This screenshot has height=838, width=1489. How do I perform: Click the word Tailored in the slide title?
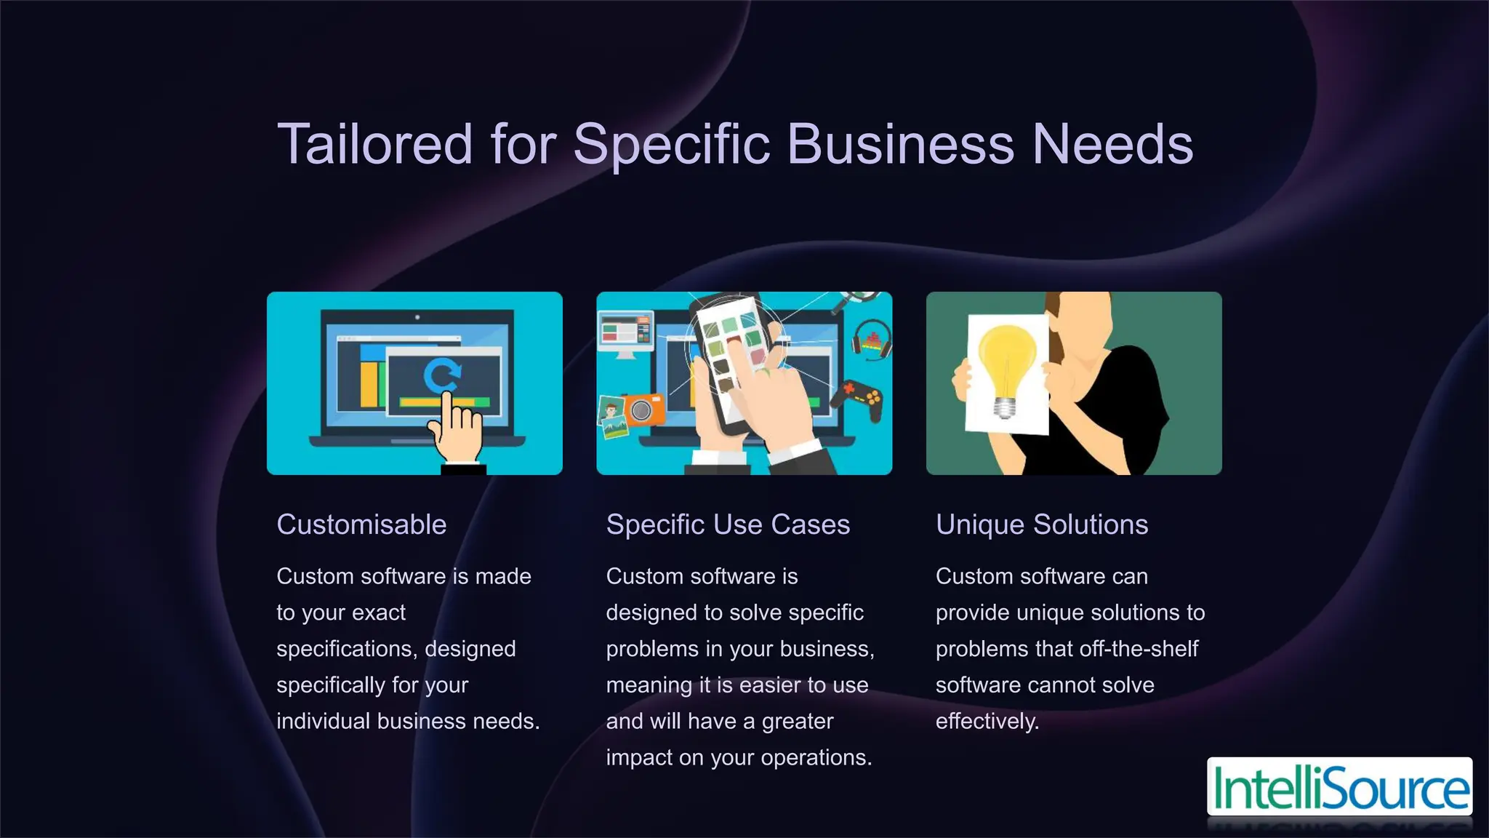[375, 144]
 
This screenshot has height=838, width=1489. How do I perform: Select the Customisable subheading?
[361, 524]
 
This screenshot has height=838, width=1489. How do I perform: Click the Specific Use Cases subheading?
[728, 524]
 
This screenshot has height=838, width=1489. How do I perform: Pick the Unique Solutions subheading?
[1042, 524]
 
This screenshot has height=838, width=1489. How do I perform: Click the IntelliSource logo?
[1339, 787]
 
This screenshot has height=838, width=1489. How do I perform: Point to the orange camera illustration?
[643, 410]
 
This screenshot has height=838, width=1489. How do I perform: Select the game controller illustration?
[858, 399]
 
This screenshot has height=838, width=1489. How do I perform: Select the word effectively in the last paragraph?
[987, 722]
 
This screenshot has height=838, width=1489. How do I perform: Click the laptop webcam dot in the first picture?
[417, 317]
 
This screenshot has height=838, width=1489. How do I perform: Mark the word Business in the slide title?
[900, 144]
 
